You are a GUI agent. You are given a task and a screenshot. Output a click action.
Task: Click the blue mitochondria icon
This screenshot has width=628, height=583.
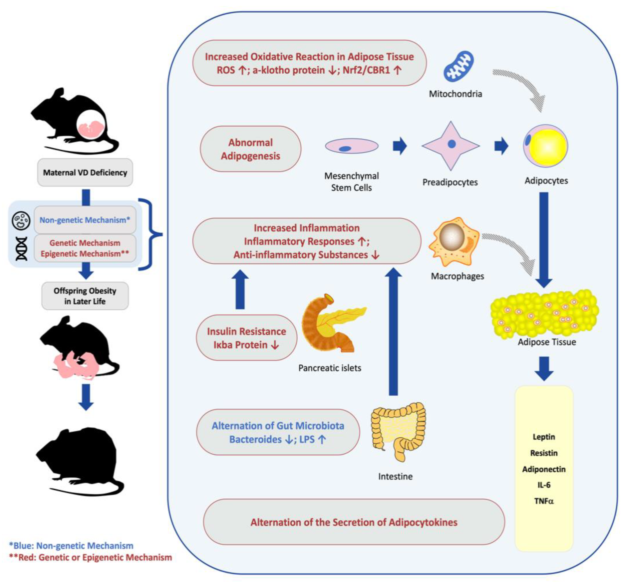(458, 66)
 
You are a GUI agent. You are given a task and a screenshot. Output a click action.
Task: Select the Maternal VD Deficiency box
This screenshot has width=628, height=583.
(85, 172)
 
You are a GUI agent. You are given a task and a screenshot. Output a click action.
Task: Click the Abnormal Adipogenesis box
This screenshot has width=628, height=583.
(250, 149)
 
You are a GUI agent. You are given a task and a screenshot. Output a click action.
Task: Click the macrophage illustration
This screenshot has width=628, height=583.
(454, 241)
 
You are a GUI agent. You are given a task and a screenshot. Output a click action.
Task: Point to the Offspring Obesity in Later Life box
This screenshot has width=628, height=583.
(85, 296)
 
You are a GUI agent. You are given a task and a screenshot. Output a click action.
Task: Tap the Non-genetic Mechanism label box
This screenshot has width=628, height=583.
(84, 220)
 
